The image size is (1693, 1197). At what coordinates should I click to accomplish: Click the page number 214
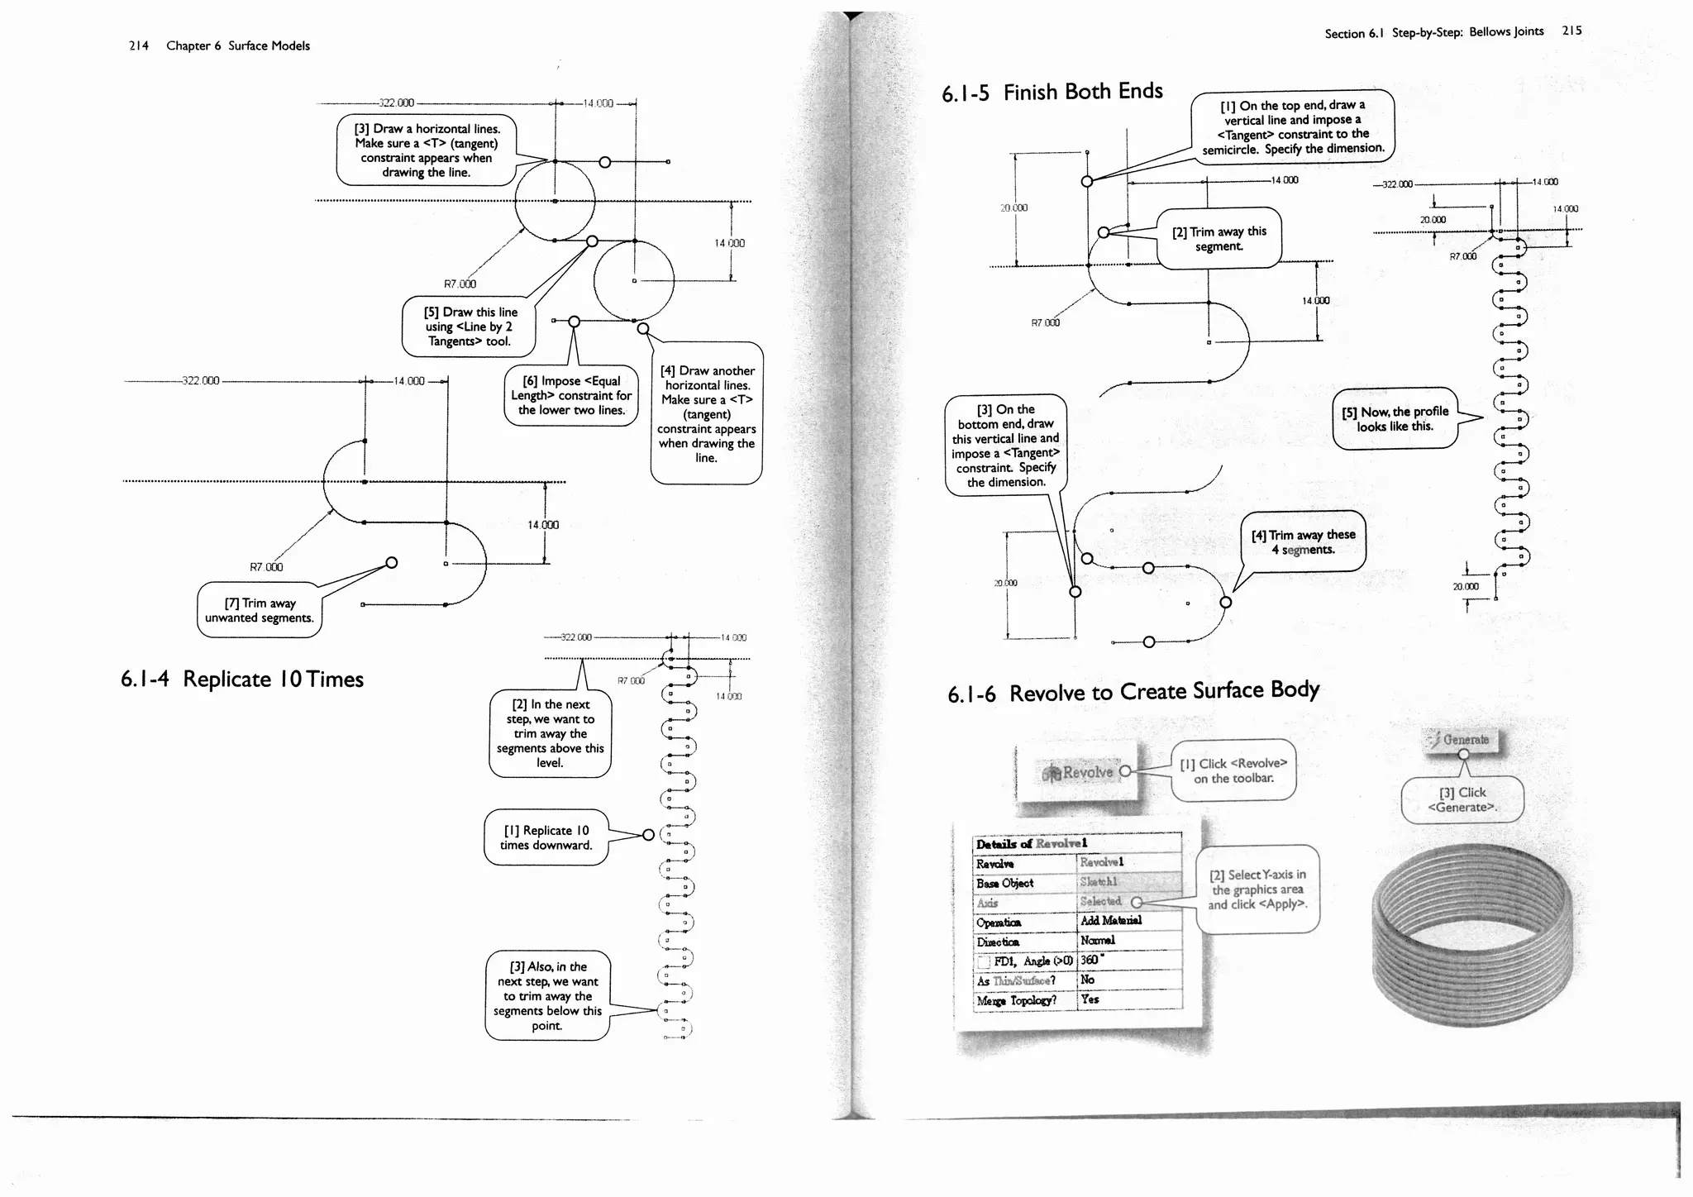pos(138,45)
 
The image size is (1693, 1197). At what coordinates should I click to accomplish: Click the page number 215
pos(1571,31)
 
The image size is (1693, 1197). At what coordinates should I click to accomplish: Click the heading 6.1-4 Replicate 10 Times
pos(241,680)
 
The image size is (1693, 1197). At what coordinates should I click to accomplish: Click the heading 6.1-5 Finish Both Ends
pos(1052,92)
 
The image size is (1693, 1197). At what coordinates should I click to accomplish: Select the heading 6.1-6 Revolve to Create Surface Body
pos(1133,692)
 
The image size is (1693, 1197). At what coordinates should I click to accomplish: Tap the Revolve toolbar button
pos(1080,772)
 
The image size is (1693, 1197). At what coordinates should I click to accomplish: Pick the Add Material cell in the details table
pos(1110,921)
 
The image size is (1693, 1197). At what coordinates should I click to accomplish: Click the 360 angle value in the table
pos(1090,960)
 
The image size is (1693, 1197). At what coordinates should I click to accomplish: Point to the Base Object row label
pos(1004,883)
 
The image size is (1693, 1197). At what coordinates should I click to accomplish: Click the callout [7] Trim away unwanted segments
pos(259,611)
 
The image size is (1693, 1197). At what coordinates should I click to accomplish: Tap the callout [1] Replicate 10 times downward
pos(546,837)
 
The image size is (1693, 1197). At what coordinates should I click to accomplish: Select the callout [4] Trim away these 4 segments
pos(1303,542)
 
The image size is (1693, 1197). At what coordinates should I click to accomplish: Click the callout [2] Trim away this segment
pos(1218,239)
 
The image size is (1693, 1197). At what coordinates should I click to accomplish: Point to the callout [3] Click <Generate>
pos(1462,799)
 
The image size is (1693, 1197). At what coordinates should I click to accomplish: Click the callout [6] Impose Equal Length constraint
pos(570,395)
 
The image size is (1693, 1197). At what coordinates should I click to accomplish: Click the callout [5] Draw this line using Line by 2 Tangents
pos(469,327)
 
